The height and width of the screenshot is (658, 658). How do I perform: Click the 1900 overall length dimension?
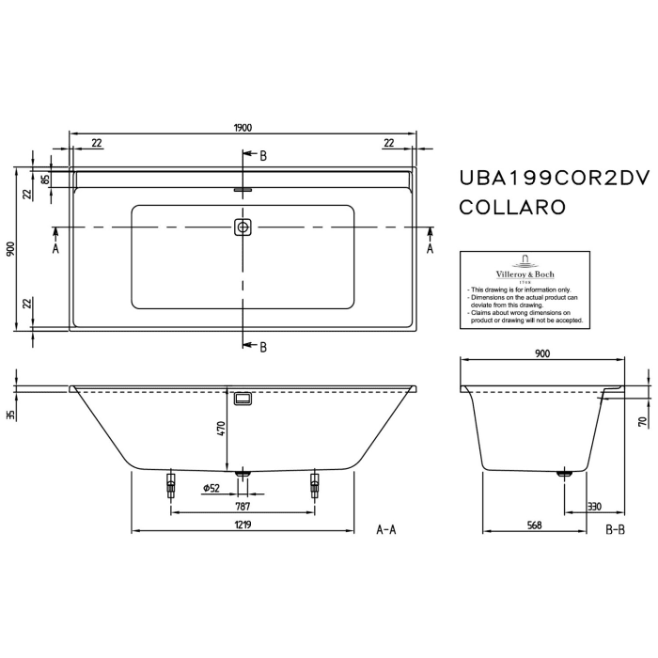(x=242, y=129)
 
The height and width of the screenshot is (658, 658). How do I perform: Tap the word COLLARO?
(x=511, y=207)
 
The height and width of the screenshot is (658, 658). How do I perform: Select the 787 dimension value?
(x=242, y=506)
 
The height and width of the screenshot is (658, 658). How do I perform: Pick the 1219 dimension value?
(x=242, y=525)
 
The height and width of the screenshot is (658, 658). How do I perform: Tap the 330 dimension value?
(x=594, y=506)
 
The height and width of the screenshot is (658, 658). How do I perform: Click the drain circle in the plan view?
(x=243, y=227)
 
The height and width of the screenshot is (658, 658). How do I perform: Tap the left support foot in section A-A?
(x=170, y=484)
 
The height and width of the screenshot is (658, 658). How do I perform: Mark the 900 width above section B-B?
(x=542, y=353)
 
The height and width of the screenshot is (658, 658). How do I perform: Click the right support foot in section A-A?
(x=314, y=484)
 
